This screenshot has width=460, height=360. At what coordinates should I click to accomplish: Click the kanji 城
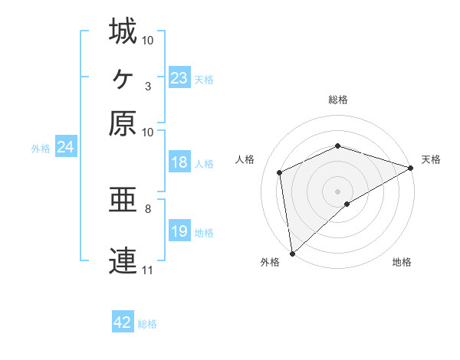tap(123, 31)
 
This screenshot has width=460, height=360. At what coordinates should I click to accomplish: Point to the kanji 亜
tap(123, 201)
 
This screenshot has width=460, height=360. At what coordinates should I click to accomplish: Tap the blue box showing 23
tap(179, 78)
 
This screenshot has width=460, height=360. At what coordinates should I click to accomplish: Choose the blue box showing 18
tap(179, 162)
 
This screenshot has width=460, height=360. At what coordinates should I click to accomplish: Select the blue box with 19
tap(179, 231)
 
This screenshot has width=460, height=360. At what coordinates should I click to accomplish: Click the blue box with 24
tap(65, 147)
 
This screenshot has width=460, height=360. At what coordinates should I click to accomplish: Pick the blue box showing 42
tap(123, 322)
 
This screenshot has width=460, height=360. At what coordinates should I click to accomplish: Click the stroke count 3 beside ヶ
tap(147, 86)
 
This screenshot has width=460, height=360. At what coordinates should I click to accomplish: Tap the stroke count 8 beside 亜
tap(147, 208)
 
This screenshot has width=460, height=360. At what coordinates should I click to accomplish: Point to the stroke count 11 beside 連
tap(147, 270)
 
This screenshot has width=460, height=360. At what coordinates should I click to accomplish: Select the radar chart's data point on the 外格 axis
tap(292, 254)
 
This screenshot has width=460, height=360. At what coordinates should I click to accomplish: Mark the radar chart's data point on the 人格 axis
tap(280, 172)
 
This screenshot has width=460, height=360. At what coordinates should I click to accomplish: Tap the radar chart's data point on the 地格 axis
tap(347, 204)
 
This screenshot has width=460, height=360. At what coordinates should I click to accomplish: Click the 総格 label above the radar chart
tap(338, 100)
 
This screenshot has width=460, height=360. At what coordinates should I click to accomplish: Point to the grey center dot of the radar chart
tap(338, 191)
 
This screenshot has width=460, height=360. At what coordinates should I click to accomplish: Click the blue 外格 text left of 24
tap(41, 149)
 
